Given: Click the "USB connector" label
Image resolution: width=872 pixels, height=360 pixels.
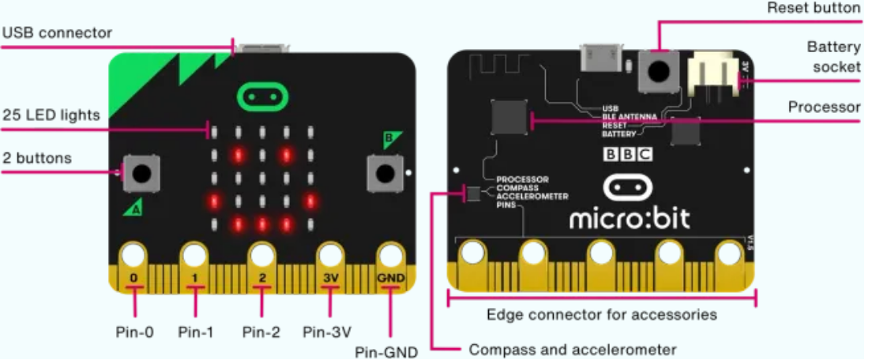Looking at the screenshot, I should click(x=57, y=33).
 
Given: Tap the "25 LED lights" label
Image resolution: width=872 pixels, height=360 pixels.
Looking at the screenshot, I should click(x=51, y=115).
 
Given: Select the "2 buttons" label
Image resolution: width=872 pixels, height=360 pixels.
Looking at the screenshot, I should click(x=36, y=158).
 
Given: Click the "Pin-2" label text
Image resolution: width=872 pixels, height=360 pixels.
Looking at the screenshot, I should click(x=261, y=332).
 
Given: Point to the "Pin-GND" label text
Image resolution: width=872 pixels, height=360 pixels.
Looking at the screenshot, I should click(x=386, y=351).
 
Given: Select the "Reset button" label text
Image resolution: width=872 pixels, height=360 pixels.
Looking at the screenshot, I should click(x=814, y=8).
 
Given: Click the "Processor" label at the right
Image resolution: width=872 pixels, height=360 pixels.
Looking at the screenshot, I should click(x=824, y=107).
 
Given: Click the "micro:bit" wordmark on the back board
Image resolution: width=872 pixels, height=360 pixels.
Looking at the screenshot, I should click(x=630, y=216).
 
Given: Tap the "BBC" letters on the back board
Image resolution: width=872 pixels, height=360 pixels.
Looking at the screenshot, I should click(x=629, y=154).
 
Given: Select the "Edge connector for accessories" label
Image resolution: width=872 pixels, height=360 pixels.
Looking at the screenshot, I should click(x=602, y=314).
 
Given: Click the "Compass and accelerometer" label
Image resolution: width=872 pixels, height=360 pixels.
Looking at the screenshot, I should click(x=573, y=349).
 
